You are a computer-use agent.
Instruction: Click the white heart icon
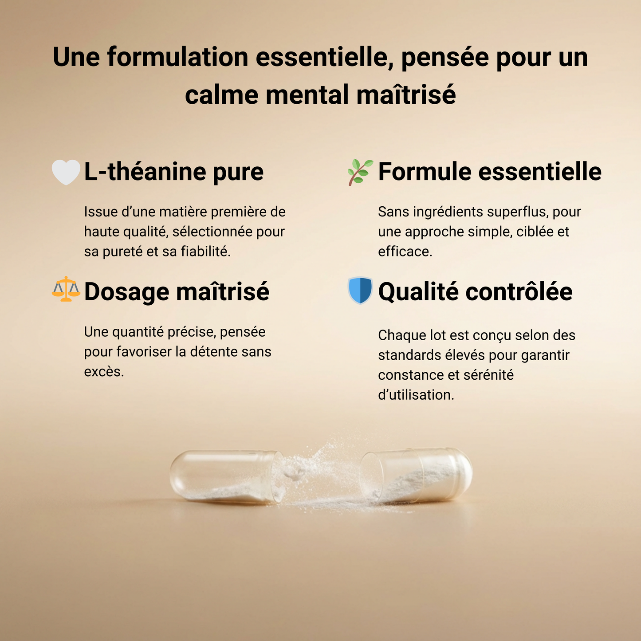tap(66, 172)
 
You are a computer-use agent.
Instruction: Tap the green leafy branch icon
tap(360, 172)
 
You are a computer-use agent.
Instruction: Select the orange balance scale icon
tap(66, 289)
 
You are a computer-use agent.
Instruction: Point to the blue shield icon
tap(360, 291)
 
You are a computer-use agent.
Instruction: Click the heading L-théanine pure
tap(173, 172)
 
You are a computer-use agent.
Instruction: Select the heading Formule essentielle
tap(490, 172)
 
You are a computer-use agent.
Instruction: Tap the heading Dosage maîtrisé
tap(177, 292)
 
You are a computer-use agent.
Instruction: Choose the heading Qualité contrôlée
tap(476, 292)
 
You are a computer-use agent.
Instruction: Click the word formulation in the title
tap(177, 57)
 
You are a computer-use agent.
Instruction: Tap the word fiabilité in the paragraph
tap(205, 252)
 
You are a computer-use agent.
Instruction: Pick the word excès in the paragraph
tap(104, 372)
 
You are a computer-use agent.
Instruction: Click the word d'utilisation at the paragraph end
tap(416, 395)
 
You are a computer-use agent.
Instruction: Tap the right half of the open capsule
tap(416, 475)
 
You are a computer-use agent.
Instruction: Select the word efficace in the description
tap(405, 252)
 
